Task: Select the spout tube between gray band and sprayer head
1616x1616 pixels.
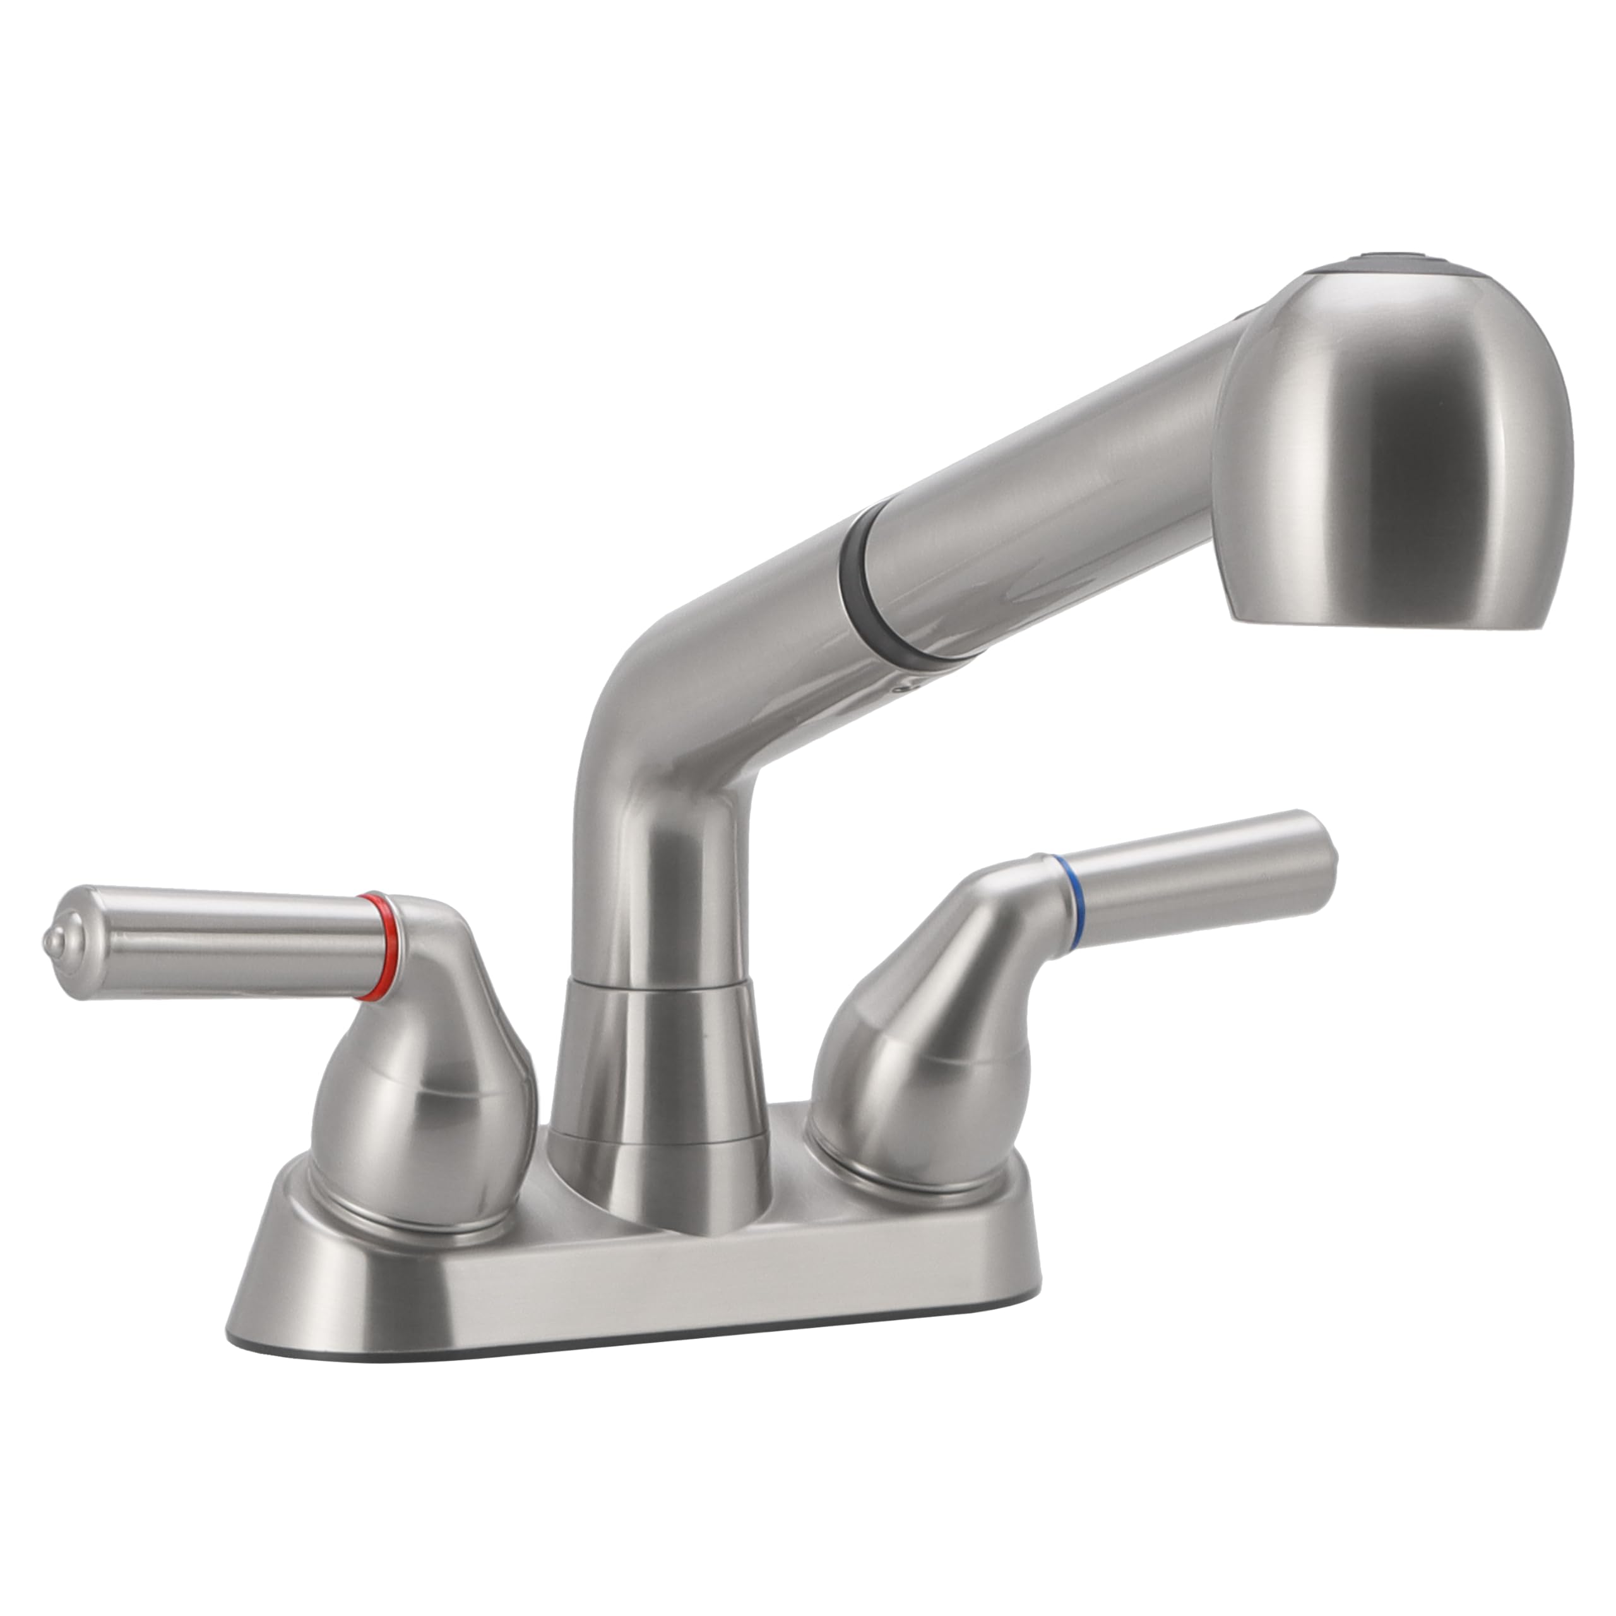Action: [x=1045, y=502]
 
